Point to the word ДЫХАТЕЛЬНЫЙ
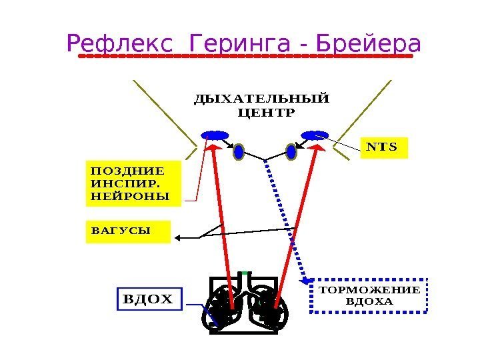pos(261,99)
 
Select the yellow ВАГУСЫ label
pos(128,232)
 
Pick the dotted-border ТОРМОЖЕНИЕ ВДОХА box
pos(370,295)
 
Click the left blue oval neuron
pos(239,152)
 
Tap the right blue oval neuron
pos(291,152)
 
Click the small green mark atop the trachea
pos(244,273)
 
